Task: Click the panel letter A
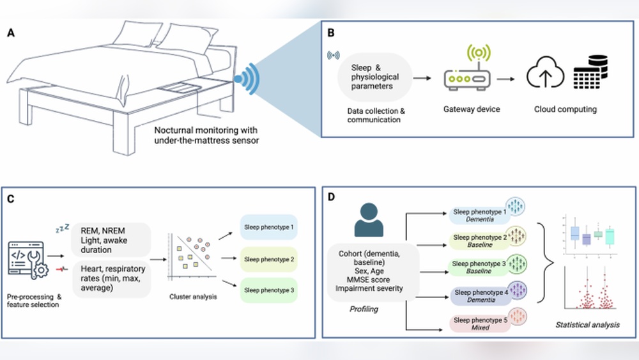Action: (12, 33)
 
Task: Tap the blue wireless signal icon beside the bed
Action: (248, 79)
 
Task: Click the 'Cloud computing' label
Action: (565, 109)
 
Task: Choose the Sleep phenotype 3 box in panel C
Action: (268, 290)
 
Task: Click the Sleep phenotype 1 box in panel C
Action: (268, 227)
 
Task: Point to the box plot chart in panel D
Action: (589, 236)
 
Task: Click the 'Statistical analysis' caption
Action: (587, 325)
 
